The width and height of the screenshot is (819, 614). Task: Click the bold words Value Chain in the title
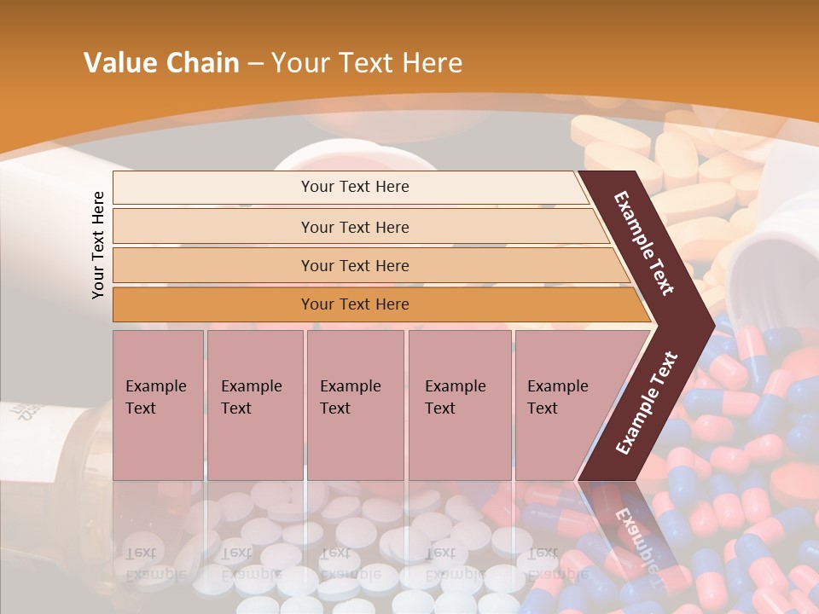(x=161, y=63)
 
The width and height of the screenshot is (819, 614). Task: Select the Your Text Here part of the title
(x=367, y=63)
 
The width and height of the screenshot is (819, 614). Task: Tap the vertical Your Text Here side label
(x=98, y=245)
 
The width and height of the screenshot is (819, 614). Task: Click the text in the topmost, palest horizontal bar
(x=355, y=187)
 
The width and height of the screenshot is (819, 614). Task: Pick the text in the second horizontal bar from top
(x=355, y=227)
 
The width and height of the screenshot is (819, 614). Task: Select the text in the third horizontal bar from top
(x=355, y=265)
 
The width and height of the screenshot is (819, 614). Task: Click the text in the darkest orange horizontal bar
(x=355, y=304)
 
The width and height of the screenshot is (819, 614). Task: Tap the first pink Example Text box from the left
(x=158, y=404)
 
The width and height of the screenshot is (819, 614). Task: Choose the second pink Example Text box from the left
(x=254, y=404)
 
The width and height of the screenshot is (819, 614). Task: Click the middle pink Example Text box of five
(x=354, y=404)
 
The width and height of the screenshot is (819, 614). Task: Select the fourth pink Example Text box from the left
(x=459, y=404)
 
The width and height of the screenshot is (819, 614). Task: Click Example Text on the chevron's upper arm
(x=644, y=243)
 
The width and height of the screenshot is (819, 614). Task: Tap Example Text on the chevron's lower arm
(x=647, y=403)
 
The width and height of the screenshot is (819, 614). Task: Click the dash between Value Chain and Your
(x=255, y=64)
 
